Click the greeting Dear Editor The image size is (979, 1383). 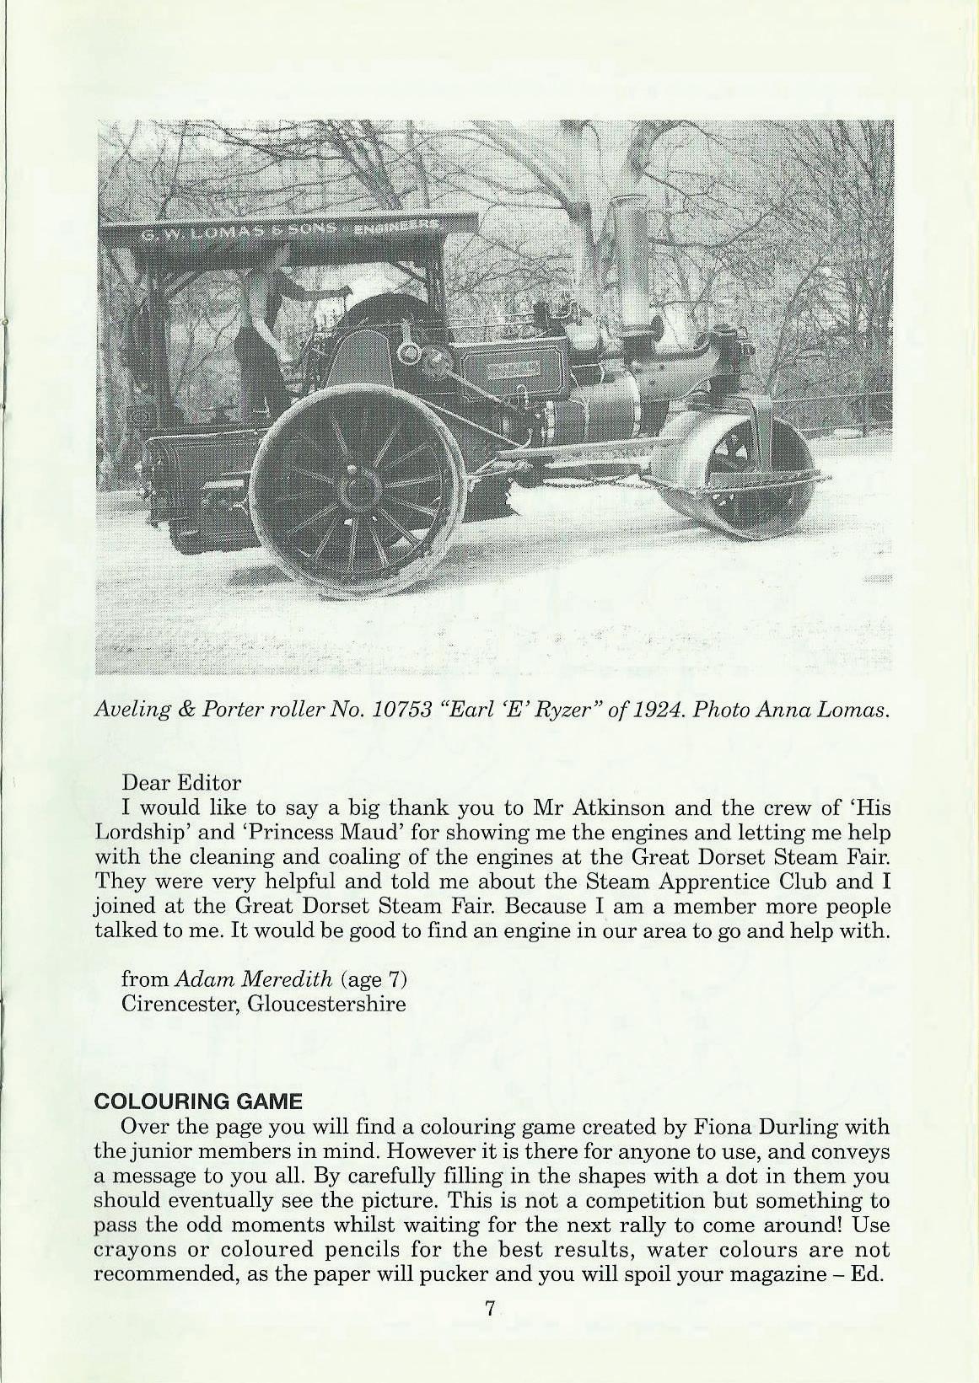click(181, 783)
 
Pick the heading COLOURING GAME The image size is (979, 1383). click(197, 1102)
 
